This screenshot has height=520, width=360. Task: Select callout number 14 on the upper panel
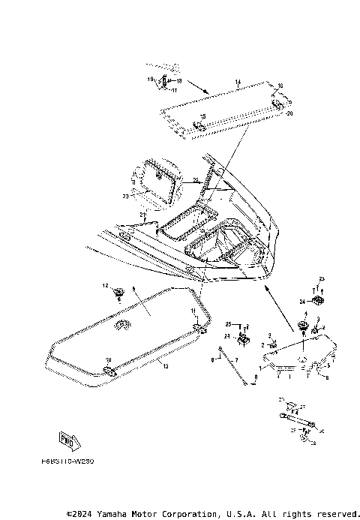point(237,81)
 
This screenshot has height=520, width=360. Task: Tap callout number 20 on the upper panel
point(289,113)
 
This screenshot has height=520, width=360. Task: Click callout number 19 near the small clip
point(150,79)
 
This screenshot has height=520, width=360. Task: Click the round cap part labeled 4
point(304,325)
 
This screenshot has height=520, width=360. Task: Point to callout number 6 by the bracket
point(327,377)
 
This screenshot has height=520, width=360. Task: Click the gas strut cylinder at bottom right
point(296,412)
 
